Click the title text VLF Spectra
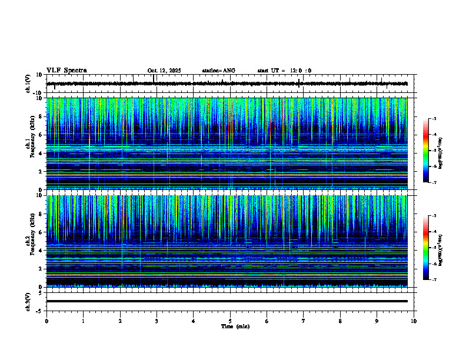[x=66, y=71]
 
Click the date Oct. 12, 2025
[x=164, y=71]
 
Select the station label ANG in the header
[x=228, y=71]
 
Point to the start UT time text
[x=284, y=71]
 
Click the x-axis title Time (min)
[x=235, y=326]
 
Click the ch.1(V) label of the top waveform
[x=28, y=84]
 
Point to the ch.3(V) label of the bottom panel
[x=28, y=301]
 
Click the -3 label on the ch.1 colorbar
[x=434, y=119]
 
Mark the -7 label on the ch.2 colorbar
[x=434, y=280]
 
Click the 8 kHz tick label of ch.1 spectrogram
[x=39, y=116]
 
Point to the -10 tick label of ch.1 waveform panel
[x=37, y=93]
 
